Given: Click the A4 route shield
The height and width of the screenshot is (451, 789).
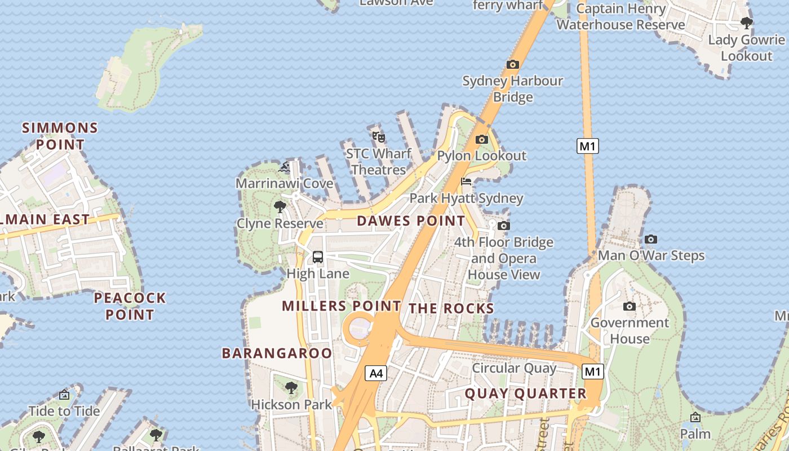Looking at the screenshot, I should (376, 373).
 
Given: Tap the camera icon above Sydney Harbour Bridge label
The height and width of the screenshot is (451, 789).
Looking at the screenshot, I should (512, 65).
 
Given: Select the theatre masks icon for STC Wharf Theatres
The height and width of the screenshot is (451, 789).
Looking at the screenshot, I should (378, 136).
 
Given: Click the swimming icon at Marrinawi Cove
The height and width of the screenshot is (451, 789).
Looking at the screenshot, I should (285, 167).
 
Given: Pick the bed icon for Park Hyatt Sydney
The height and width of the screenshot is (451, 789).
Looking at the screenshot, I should (466, 182).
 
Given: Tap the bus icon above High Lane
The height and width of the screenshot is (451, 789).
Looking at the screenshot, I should (318, 257).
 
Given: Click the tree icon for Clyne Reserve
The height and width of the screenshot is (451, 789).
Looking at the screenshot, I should (280, 207).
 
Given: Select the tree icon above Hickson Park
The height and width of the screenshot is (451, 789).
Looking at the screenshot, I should (291, 388).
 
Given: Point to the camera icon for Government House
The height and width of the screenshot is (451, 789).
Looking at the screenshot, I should (630, 306).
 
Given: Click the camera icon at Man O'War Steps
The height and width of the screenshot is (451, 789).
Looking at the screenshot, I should (651, 239).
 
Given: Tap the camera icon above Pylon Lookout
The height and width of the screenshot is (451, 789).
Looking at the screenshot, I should (482, 139).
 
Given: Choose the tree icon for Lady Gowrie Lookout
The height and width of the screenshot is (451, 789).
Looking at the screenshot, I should (747, 23).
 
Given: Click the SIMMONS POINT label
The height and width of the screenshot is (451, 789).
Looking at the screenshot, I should (60, 136).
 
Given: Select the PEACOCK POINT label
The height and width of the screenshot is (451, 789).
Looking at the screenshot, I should (130, 306).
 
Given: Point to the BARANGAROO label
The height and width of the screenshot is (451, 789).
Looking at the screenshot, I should (277, 353).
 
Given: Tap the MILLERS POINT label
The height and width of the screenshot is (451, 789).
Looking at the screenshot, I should (341, 306).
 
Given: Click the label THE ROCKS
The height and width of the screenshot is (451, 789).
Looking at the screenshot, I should (451, 308).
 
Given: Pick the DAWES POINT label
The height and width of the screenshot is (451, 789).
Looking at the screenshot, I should (411, 221).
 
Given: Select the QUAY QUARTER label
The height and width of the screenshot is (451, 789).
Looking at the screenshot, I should (525, 393).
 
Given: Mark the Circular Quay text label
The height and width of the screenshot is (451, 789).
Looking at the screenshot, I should (514, 368).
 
